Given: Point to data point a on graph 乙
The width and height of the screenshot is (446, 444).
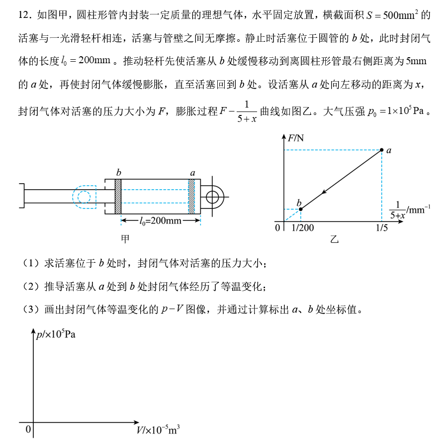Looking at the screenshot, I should click(x=381, y=149).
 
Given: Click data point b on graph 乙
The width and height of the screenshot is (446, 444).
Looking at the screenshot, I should click(x=300, y=209).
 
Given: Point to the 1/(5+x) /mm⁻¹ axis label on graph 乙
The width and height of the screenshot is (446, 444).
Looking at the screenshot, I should click(x=409, y=210).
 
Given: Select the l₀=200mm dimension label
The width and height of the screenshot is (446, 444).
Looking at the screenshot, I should click(x=161, y=220).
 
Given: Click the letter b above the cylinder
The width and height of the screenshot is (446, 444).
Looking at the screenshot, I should click(x=119, y=172).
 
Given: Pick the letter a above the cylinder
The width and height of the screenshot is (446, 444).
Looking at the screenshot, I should click(x=193, y=173).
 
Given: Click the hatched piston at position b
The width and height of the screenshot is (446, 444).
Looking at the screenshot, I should click(x=118, y=196).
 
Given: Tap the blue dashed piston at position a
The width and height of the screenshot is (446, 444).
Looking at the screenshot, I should click(x=191, y=196).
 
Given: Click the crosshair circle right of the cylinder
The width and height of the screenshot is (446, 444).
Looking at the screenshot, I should click(x=213, y=196).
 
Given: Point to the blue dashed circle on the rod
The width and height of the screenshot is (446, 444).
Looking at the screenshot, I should click(x=83, y=197).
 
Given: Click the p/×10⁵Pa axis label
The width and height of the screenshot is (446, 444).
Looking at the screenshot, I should click(x=56, y=334).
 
